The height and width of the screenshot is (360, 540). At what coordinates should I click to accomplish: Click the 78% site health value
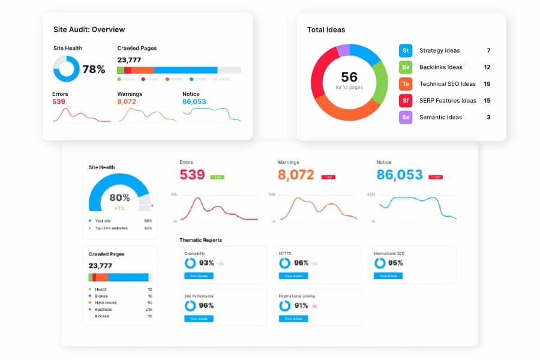point(94,70)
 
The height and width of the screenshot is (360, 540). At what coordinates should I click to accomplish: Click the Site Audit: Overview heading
point(89,29)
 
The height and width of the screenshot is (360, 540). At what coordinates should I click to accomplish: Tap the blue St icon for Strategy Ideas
point(406,50)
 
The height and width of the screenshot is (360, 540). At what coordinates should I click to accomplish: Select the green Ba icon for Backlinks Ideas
point(406,67)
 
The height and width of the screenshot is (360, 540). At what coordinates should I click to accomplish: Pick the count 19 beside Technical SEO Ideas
point(487,84)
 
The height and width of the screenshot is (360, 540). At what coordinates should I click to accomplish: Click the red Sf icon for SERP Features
point(406,101)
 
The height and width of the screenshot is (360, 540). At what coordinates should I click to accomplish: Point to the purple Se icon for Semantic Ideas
point(406,118)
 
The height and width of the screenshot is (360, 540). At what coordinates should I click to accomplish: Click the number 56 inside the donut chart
point(349,77)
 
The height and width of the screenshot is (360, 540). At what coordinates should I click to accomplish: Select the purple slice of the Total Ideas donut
point(343,50)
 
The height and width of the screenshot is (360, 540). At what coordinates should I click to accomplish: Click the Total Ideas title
point(326,29)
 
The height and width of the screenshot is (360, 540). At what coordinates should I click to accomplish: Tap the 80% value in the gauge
point(119,198)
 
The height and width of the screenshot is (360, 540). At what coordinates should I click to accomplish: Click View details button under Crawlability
point(199,276)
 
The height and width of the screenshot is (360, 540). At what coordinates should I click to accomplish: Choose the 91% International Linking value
point(301,305)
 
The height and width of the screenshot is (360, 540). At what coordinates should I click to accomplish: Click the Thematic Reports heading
point(200,240)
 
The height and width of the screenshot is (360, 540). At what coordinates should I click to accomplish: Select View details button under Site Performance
point(199,319)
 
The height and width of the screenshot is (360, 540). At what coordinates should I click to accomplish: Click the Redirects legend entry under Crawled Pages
point(101,309)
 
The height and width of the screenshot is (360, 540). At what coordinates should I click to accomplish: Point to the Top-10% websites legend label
point(112,228)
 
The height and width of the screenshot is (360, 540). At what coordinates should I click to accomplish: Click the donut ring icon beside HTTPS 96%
point(285,263)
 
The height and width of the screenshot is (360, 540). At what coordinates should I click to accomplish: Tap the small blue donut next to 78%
point(66,69)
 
